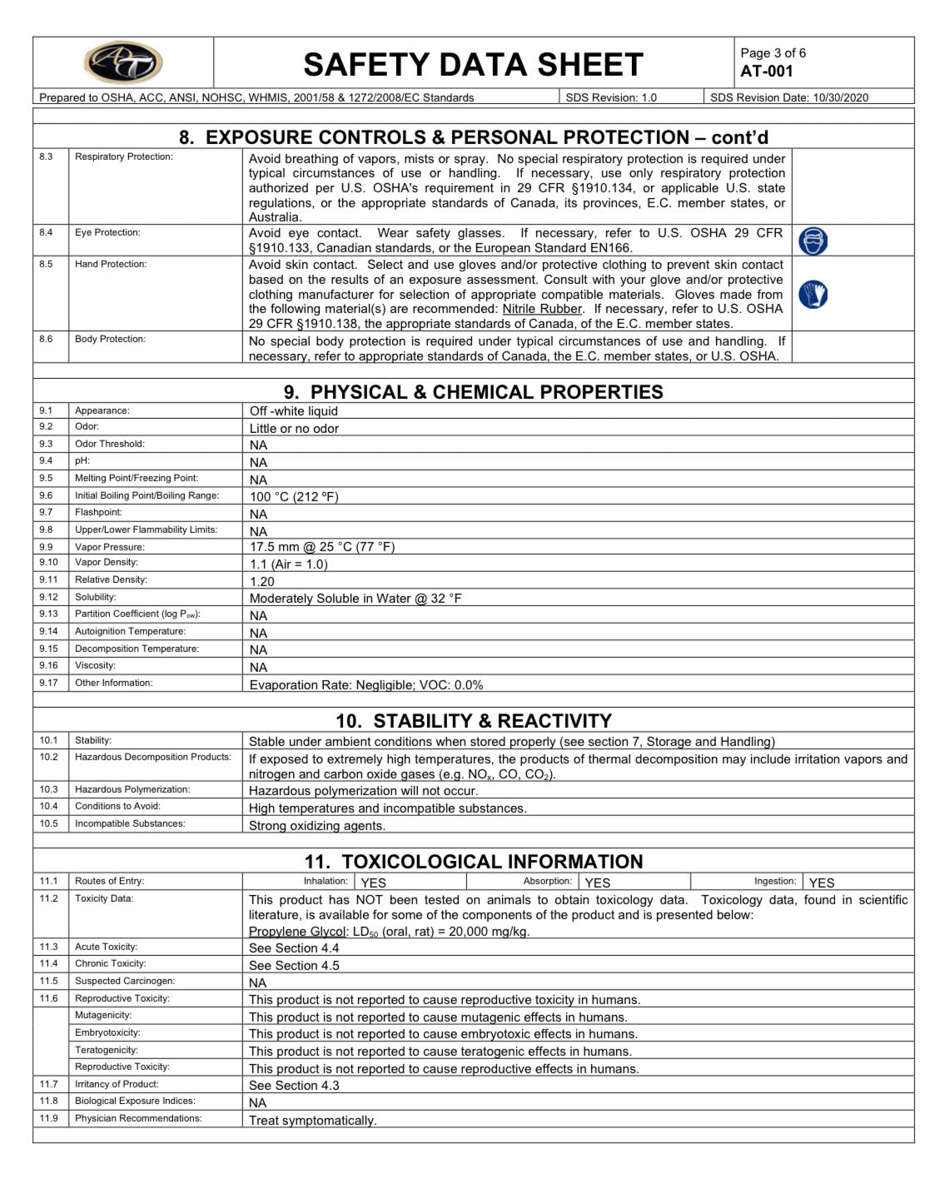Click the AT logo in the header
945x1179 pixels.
pos(123,63)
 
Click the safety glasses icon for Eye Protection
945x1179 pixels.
pos(813,241)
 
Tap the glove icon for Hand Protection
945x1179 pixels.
pos(813,294)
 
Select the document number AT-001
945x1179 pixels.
pos(766,72)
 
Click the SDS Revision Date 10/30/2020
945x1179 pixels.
pos(840,97)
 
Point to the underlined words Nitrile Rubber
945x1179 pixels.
pos(542,309)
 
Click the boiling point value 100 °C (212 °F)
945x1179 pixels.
pos(294,497)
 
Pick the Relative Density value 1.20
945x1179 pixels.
pos(261,582)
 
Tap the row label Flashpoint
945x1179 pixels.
pos(98,512)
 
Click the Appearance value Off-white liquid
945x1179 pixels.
pos(294,411)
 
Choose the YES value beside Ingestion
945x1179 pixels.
pos(821,883)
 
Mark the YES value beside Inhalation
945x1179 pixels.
pos(373,883)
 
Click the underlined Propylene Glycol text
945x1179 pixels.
pos(296,932)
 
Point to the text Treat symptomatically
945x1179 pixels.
pos(312,1121)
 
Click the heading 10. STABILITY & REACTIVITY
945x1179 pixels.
pos(473,721)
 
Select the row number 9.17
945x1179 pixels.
pos(48,683)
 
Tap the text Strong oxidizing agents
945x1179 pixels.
pos(316,826)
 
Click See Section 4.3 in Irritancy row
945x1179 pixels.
pos(294,1086)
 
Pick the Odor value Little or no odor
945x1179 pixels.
pos(294,429)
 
